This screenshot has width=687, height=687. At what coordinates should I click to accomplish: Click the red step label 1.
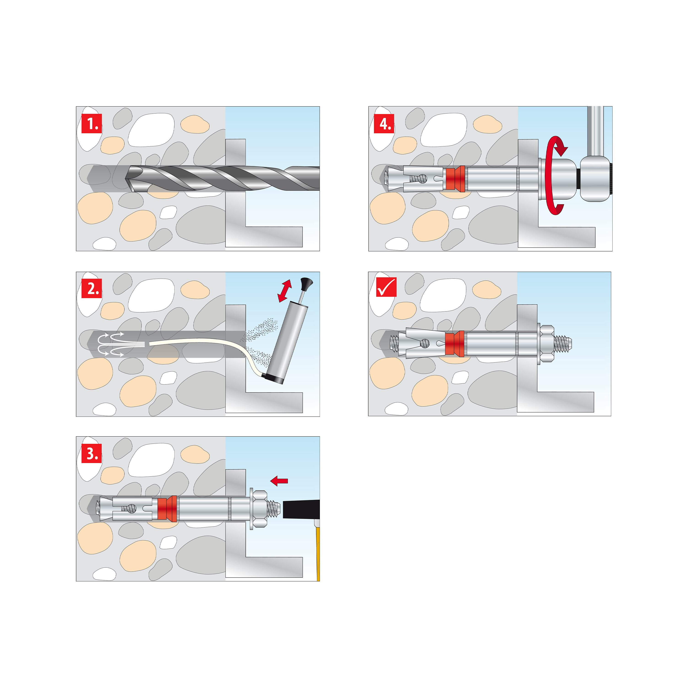click(92, 123)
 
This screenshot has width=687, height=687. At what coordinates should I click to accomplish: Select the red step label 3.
click(92, 453)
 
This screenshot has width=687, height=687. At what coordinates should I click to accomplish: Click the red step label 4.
click(384, 123)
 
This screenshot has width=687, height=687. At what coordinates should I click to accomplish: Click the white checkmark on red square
click(386, 287)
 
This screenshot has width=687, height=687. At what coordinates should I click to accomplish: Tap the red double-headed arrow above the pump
click(285, 291)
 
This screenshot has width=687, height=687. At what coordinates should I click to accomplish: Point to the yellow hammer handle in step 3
click(318, 555)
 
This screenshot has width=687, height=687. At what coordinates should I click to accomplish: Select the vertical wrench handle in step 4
click(595, 132)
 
